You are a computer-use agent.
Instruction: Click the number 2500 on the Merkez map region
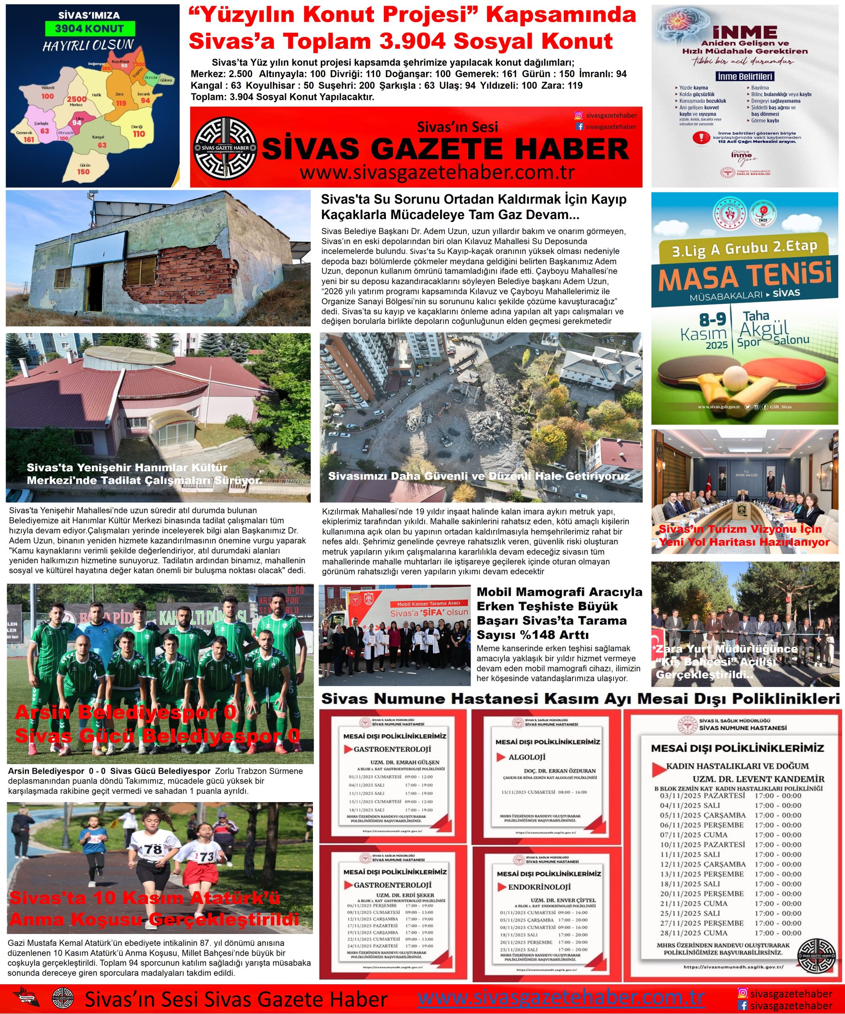point(76,99)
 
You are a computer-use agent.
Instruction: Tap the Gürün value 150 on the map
point(84,172)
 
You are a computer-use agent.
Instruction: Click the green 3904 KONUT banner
point(89,29)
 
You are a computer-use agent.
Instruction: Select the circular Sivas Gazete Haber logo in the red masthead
point(225,148)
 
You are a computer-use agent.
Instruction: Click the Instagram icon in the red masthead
point(578,115)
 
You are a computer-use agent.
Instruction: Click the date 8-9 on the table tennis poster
point(713,319)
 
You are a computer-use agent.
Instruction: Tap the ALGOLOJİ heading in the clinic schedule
point(527,757)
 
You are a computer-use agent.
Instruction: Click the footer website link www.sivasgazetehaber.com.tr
point(561,997)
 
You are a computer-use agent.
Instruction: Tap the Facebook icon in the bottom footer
point(743,1005)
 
